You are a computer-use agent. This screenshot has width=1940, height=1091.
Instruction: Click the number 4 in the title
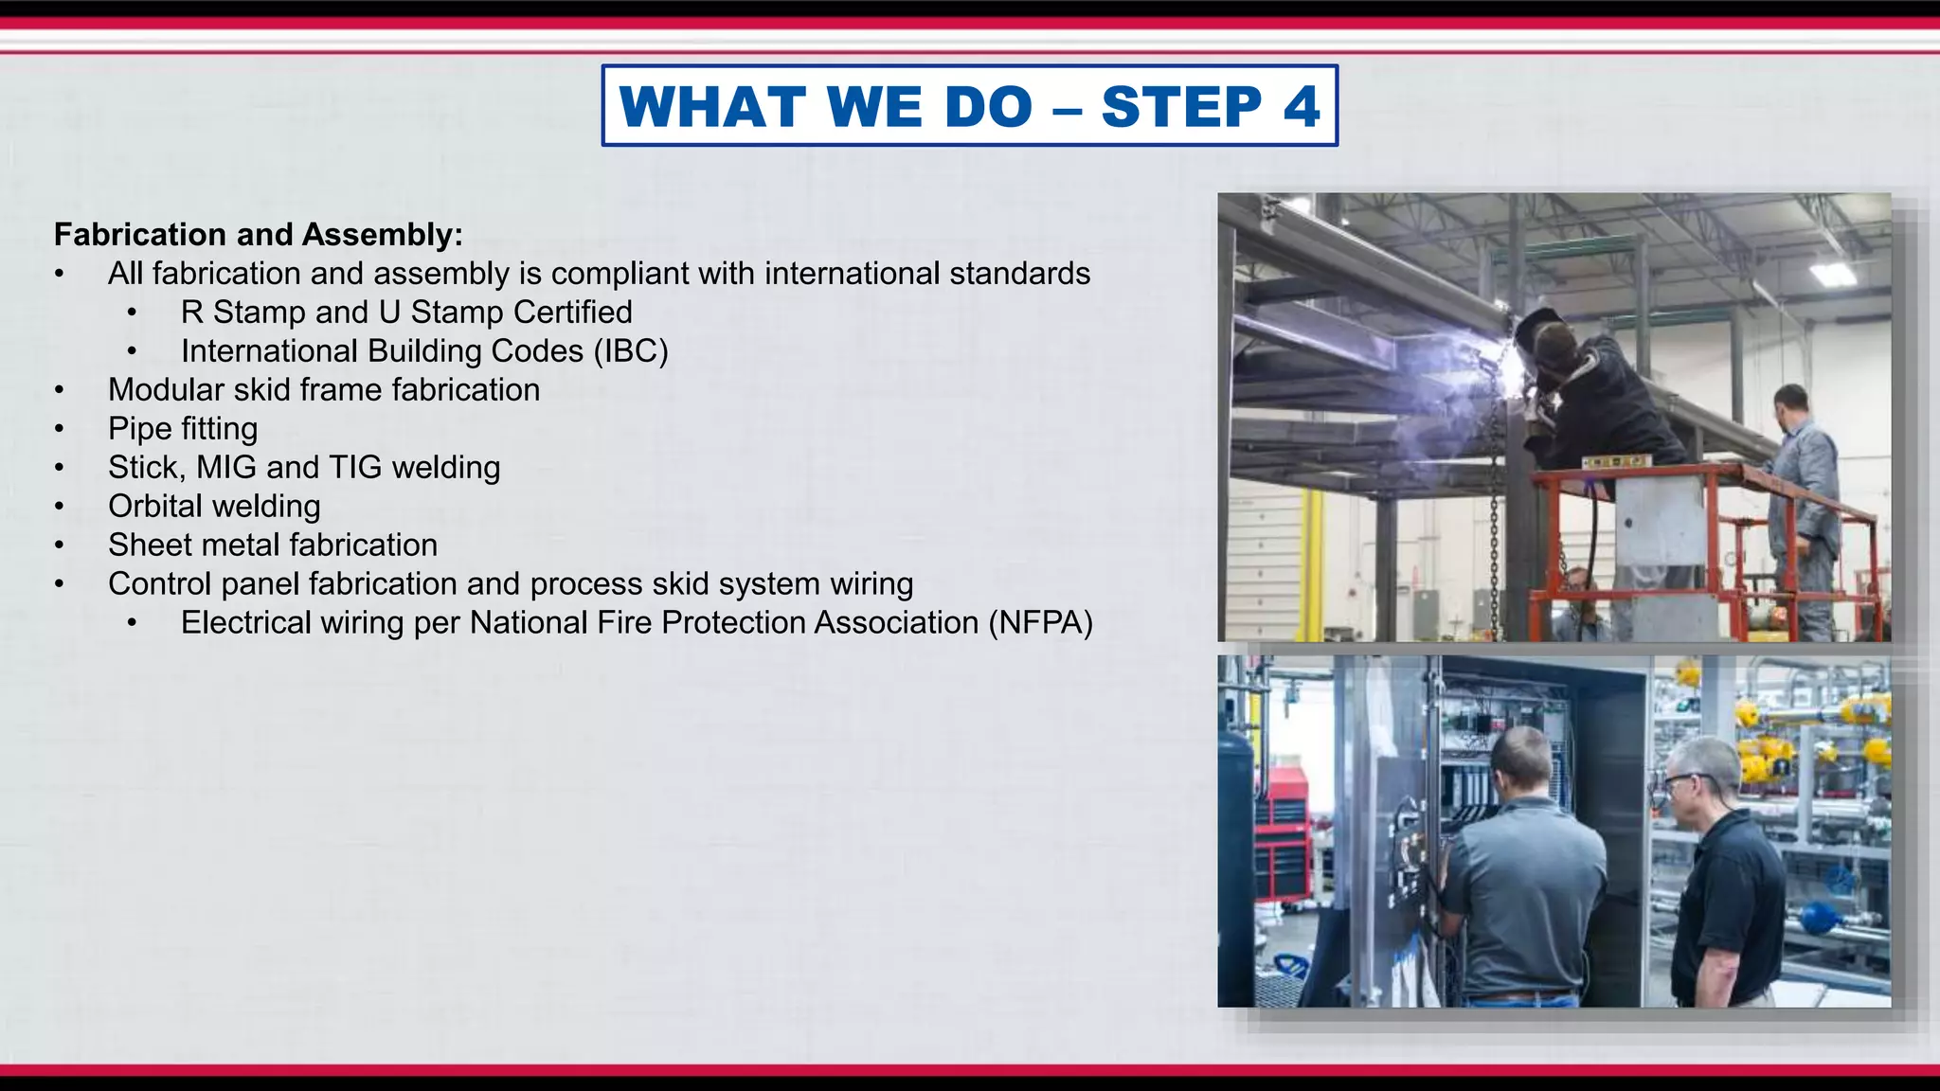pos(1302,106)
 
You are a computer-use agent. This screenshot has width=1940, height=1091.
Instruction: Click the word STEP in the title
pos(1181,106)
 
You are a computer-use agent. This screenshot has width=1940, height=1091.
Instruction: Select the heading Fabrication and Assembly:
pos(258,235)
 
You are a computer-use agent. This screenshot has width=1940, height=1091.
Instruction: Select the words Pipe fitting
pos(183,429)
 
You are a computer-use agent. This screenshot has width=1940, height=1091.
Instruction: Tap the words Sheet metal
pos(196,545)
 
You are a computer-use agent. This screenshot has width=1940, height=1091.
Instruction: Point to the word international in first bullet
pos(852,274)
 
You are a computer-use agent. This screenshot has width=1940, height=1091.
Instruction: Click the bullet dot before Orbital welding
pos(60,508)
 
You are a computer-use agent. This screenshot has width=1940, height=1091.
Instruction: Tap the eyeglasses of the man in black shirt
pos(1681,782)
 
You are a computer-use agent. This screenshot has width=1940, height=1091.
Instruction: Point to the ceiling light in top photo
pos(1832,274)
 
